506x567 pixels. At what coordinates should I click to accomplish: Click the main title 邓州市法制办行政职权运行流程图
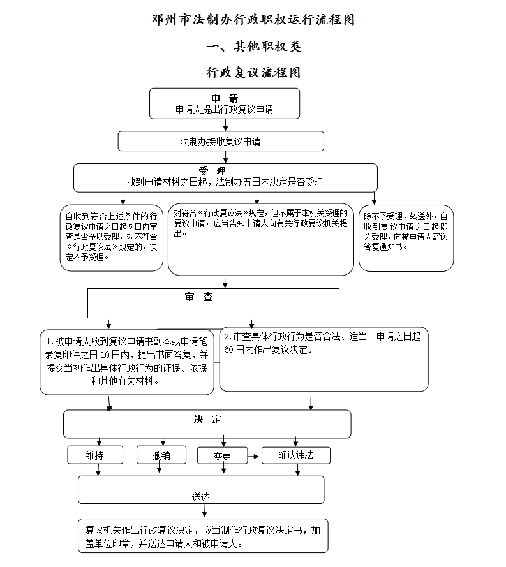253,20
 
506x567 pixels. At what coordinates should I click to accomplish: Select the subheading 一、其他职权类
253,47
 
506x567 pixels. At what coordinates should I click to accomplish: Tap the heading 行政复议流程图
253,73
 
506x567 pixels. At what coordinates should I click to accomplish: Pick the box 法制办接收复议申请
220,141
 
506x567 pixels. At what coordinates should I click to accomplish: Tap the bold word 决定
207,419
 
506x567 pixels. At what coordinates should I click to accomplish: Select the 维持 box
95,455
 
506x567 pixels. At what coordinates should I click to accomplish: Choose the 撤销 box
161,455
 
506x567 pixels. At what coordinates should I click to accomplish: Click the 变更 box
221,456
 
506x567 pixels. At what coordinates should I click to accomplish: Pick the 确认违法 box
295,455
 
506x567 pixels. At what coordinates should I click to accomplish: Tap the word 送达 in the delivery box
201,496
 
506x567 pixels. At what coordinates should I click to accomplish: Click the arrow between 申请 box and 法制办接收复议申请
225,125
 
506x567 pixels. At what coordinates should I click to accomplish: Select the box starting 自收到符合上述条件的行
112,237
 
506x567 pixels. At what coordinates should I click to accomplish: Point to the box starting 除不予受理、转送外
406,237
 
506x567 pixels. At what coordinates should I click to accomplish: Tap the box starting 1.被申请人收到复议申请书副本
125,360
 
